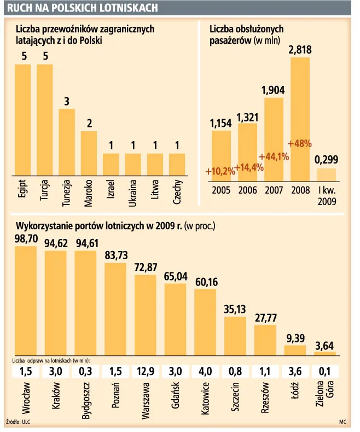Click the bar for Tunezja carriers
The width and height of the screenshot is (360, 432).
pos(67,142)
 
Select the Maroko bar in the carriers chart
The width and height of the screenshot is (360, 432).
pos(89,153)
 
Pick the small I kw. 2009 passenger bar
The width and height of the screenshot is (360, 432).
pos(327,174)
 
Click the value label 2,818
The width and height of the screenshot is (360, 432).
pos(300,50)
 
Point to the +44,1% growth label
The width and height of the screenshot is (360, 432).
pos(274,157)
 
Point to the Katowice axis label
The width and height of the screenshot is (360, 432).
pos(205,401)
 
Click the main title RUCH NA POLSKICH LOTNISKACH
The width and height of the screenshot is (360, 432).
pos(83,8)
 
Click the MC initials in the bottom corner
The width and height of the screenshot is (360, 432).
pos(342,422)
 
